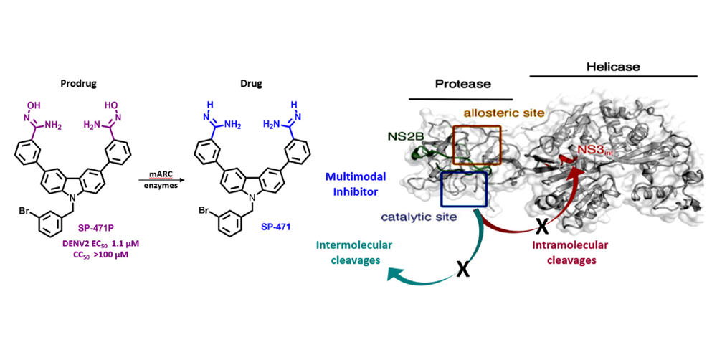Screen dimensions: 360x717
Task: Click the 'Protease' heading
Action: pyautogui.click(x=464, y=84)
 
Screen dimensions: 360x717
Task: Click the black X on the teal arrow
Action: pyautogui.click(x=464, y=271)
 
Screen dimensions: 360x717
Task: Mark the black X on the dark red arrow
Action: pyautogui.click(x=543, y=227)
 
